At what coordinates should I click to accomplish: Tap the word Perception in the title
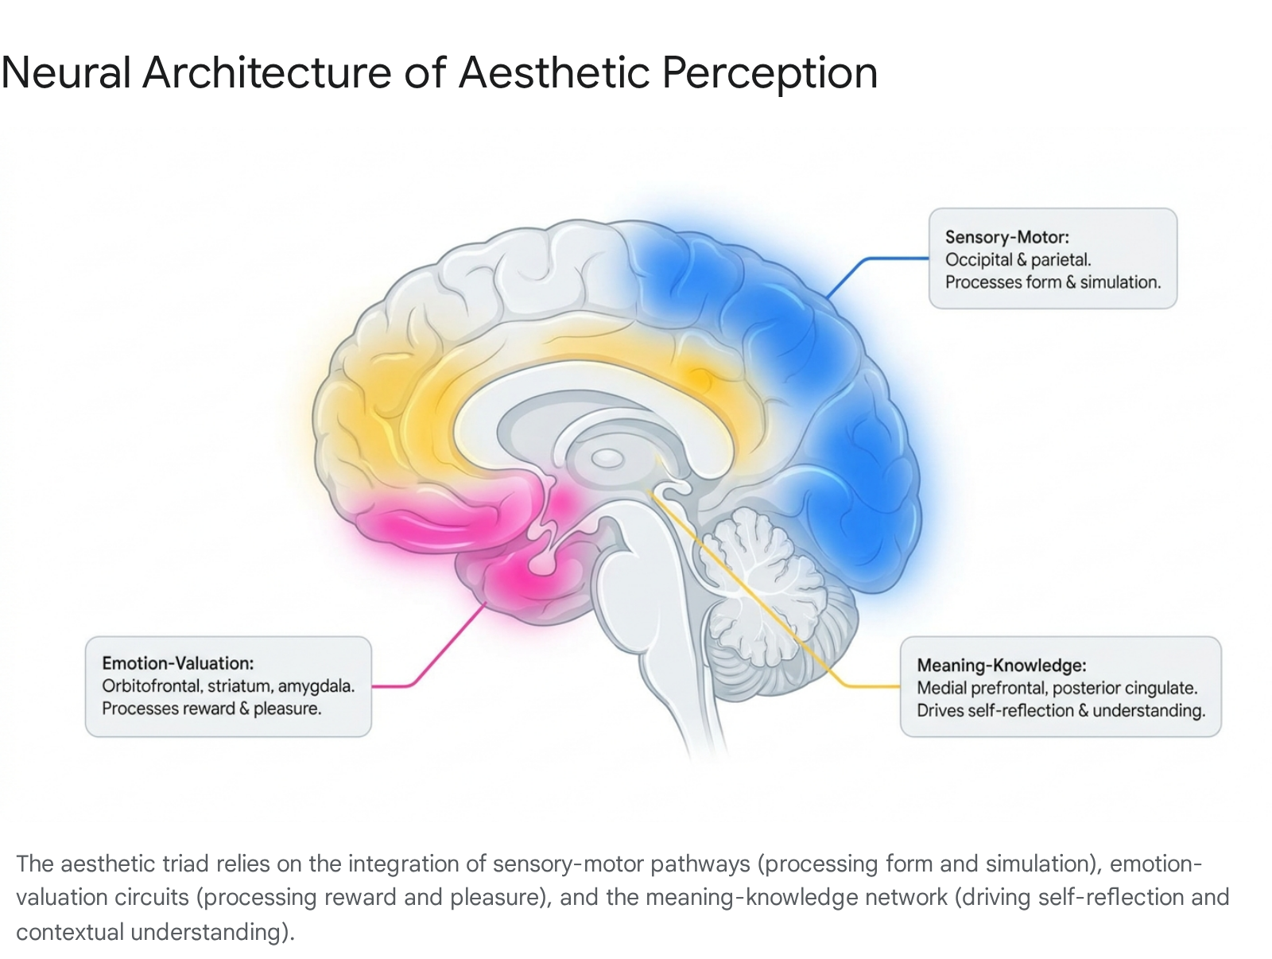coord(769,74)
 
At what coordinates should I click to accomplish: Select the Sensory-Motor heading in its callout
coord(1006,237)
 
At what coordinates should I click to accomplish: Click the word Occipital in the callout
coord(979,259)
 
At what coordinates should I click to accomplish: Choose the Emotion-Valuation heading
coord(178,663)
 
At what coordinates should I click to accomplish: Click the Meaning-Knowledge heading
coord(1002,666)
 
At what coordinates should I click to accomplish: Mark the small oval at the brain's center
coord(607,459)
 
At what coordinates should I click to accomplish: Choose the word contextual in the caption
coord(70,932)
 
